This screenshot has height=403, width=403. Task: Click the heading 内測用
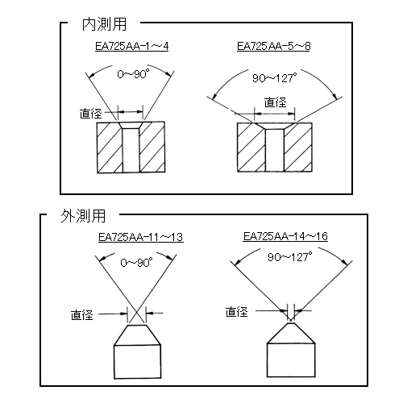[x=104, y=24]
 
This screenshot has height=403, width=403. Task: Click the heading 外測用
[x=83, y=216]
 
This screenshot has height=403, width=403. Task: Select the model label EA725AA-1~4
[x=131, y=46]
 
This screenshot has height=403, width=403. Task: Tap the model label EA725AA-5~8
[x=273, y=46]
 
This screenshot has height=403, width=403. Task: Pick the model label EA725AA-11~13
[x=141, y=237]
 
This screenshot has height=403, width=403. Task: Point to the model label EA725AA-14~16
[x=285, y=236]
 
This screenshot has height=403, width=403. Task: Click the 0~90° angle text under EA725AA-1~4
[x=133, y=74]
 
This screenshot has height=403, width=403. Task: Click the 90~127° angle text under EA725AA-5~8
[x=275, y=78]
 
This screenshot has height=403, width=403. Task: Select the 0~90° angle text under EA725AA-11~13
[x=136, y=262]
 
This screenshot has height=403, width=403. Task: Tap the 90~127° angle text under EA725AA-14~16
[x=290, y=257]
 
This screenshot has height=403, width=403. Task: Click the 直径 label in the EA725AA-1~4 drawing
[x=91, y=114]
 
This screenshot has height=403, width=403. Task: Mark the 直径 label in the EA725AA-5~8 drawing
[x=276, y=102]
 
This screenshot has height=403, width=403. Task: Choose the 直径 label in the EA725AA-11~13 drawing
[x=82, y=314]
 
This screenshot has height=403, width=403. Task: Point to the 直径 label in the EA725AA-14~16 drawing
[x=236, y=312]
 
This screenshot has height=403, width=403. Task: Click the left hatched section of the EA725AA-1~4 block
[x=110, y=147]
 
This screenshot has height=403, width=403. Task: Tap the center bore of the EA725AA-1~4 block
[x=131, y=150]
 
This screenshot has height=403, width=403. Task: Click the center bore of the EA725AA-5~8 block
[x=275, y=150]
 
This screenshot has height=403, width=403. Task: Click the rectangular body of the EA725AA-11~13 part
[x=138, y=362]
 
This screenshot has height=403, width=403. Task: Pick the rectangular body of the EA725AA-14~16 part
[x=291, y=360]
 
